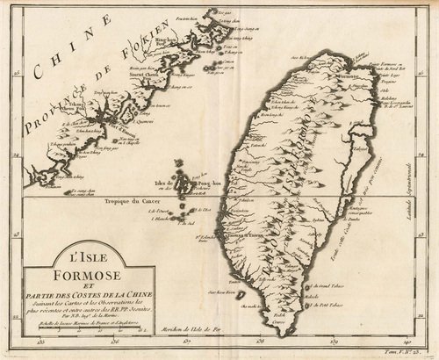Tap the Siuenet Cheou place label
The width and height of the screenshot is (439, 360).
pyautogui.click(x=146, y=76)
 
